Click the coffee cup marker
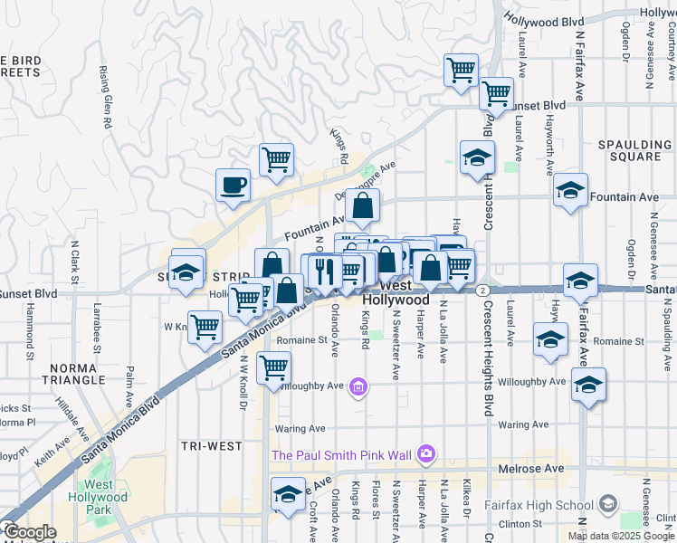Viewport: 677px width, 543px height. [x=233, y=185]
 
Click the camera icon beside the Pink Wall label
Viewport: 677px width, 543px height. [x=427, y=452]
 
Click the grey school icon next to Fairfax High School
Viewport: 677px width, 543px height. [x=609, y=503]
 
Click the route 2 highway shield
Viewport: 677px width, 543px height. [x=484, y=290]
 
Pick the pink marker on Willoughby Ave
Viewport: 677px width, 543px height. [x=359, y=387]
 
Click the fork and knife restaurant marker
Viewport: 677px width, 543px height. [x=325, y=271]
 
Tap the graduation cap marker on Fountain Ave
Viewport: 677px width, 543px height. [x=571, y=190]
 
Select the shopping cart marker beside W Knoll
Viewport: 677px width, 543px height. [x=205, y=326]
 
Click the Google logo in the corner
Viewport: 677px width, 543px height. [x=30, y=532]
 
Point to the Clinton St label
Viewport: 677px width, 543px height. [x=519, y=523]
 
